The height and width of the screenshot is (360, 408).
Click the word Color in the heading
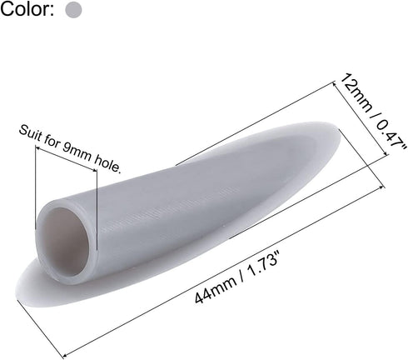coord(25,9)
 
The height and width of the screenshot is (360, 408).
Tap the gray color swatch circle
coord(73,10)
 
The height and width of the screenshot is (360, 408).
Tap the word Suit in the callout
coord(28,133)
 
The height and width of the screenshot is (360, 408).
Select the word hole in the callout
coord(108,165)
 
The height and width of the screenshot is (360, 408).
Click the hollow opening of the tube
coord(64,241)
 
